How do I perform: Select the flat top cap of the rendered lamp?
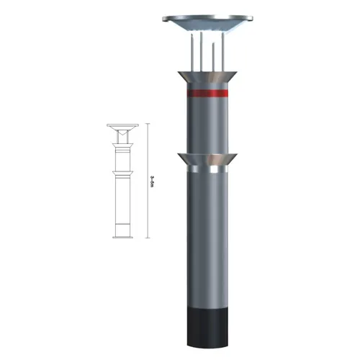click(x=208, y=17)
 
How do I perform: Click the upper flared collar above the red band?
click(x=207, y=76)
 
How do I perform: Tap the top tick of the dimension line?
click(x=148, y=125)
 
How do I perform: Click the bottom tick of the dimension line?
click(x=148, y=236)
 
